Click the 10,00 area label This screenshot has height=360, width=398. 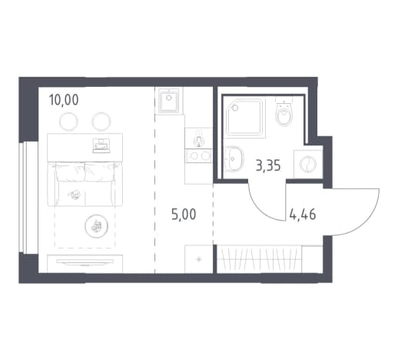[x=64, y=100]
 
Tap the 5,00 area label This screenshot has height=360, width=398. [x=184, y=215]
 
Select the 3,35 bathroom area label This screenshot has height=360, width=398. [x=268, y=165]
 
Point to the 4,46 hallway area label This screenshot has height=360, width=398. [x=303, y=215]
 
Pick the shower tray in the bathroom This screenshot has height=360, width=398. [x=246, y=118]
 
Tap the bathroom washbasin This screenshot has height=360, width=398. [x=234, y=158]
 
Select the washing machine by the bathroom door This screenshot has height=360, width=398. [x=308, y=164]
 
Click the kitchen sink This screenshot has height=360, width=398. [x=169, y=100]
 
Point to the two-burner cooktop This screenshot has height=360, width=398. [x=199, y=155]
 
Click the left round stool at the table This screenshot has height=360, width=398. [x=68, y=122]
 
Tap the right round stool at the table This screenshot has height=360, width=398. [x=101, y=122]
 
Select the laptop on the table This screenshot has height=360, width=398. [x=100, y=145]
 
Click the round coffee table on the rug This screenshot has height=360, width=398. [x=96, y=226]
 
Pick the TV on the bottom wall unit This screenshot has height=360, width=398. [x=85, y=262]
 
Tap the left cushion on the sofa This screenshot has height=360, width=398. [x=71, y=172]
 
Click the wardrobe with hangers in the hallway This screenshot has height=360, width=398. [x=270, y=259]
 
